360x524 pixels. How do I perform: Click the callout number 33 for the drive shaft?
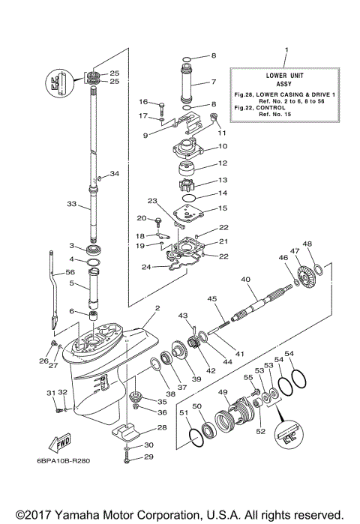click(x=72, y=202)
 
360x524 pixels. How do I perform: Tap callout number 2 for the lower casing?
click(x=157, y=307)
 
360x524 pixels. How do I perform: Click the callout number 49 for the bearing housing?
click(x=222, y=392)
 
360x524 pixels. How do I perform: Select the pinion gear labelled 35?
click(x=137, y=397)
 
